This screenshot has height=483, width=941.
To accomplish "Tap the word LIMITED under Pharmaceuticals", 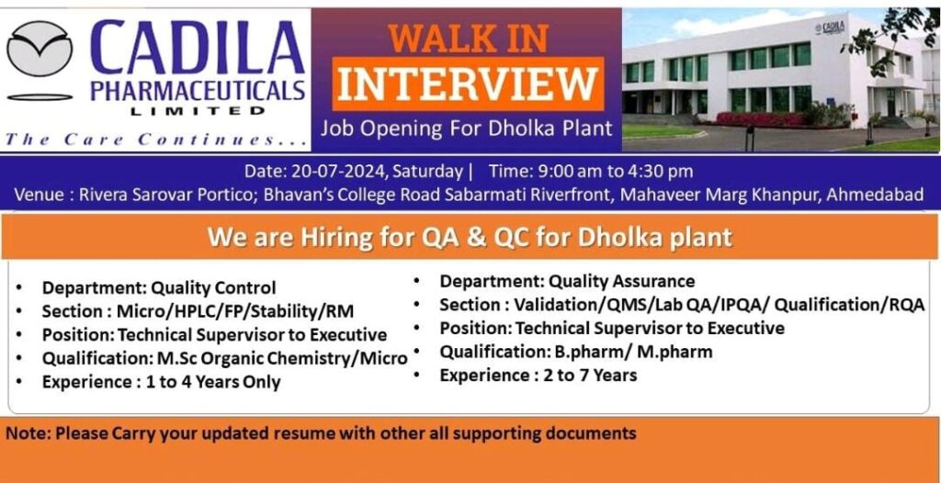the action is click(x=198, y=110).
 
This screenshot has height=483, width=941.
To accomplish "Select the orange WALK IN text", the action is click(x=468, y=38).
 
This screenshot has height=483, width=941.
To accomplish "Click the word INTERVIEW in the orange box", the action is click(x=468, y=84).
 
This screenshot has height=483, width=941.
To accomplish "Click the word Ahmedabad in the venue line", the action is click(x=875, y=195).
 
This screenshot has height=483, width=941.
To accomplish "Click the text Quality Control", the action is click(x=213, y=288).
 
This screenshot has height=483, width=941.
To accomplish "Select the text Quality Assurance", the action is click(x=622, y=281).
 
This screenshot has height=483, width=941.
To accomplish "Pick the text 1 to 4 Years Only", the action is click(x=213, y=382).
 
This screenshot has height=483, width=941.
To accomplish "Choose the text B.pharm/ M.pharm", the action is click(x=634, y=351).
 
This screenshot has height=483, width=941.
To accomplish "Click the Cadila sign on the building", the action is click(x=830, y=28).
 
